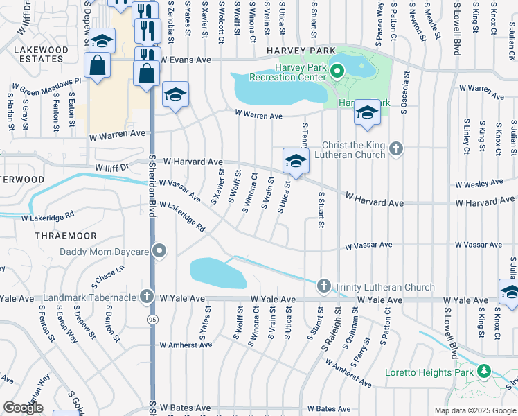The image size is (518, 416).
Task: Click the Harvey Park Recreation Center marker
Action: [x=337, y=70]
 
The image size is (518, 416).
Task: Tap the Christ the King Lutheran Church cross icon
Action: [x=395, y=147]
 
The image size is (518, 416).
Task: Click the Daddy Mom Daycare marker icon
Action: [x=161, y=250]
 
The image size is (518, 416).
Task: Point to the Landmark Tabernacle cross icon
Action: [x=146, y=297]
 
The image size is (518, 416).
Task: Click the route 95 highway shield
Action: [x=152, y=318]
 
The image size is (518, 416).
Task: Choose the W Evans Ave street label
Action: [x=186, y=60]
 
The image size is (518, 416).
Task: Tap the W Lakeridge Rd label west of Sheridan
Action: [x=47, y=216]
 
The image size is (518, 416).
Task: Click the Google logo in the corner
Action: [x=23, y=408]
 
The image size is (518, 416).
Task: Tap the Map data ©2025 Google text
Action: [x=474, y=410]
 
